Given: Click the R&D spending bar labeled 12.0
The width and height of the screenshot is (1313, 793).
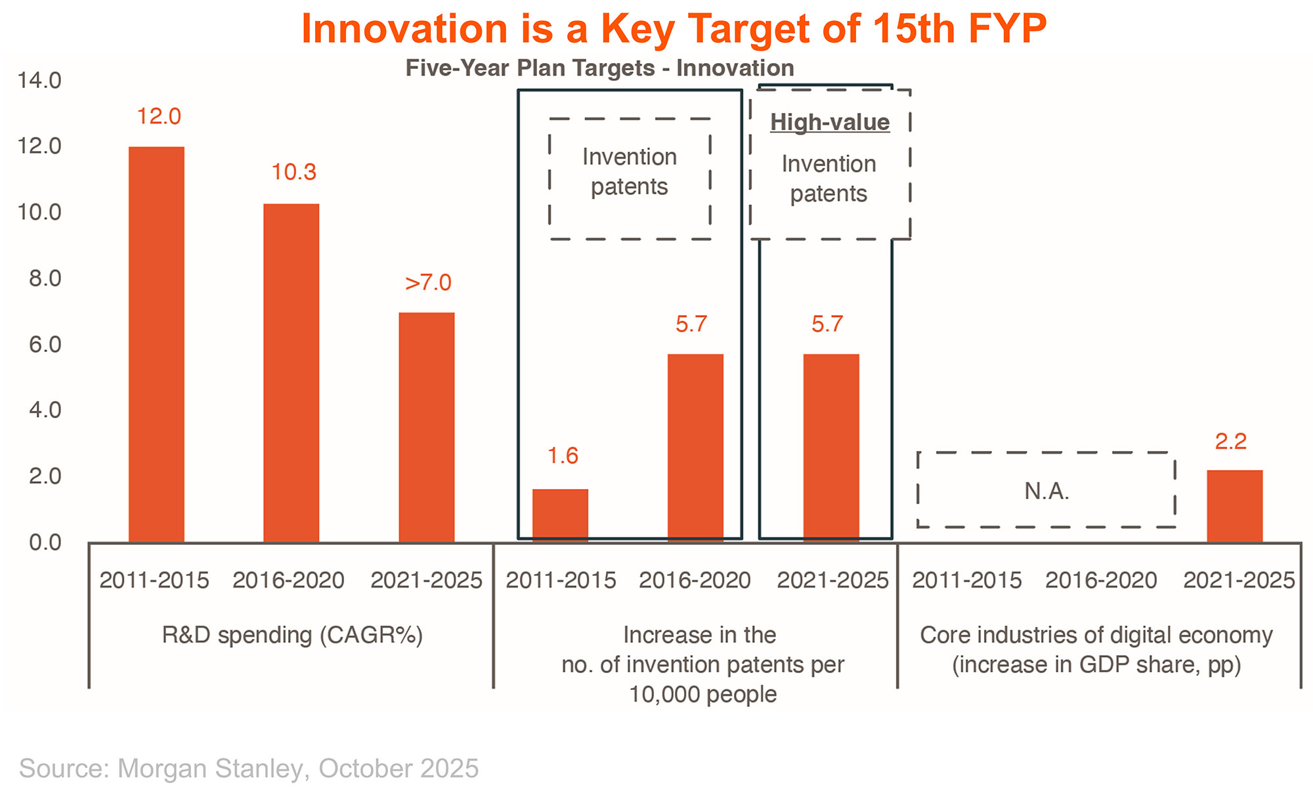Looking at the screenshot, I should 156,345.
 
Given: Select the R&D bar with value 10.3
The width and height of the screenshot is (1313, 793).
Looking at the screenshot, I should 291,373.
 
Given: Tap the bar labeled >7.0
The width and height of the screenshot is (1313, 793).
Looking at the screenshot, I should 427,427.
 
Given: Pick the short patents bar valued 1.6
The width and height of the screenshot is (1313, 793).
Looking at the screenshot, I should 560,515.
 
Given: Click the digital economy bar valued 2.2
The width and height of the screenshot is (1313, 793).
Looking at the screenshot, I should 1234,506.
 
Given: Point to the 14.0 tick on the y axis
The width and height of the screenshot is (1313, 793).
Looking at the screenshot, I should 39,81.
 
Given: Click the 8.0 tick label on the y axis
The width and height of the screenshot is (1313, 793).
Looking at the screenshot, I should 45,278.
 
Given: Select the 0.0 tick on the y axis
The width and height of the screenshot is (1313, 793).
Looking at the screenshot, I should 45,542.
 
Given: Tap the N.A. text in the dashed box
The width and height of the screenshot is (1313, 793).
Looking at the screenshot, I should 1046,491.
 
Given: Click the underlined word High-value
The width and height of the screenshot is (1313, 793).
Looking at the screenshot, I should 830,122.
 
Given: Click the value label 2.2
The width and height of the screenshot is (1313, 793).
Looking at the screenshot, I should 1230,441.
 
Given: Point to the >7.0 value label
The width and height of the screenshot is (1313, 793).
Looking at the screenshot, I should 428,282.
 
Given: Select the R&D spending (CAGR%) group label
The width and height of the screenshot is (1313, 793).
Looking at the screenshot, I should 292,635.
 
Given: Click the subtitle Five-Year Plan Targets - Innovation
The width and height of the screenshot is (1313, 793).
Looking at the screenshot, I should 599,68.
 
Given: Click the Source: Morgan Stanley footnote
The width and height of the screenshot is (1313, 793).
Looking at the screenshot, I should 249,768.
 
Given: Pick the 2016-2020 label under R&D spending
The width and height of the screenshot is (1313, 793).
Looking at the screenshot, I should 288,580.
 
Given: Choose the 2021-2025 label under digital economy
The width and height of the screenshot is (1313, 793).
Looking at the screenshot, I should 1239,580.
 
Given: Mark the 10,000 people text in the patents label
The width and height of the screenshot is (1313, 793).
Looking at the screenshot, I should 702,694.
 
